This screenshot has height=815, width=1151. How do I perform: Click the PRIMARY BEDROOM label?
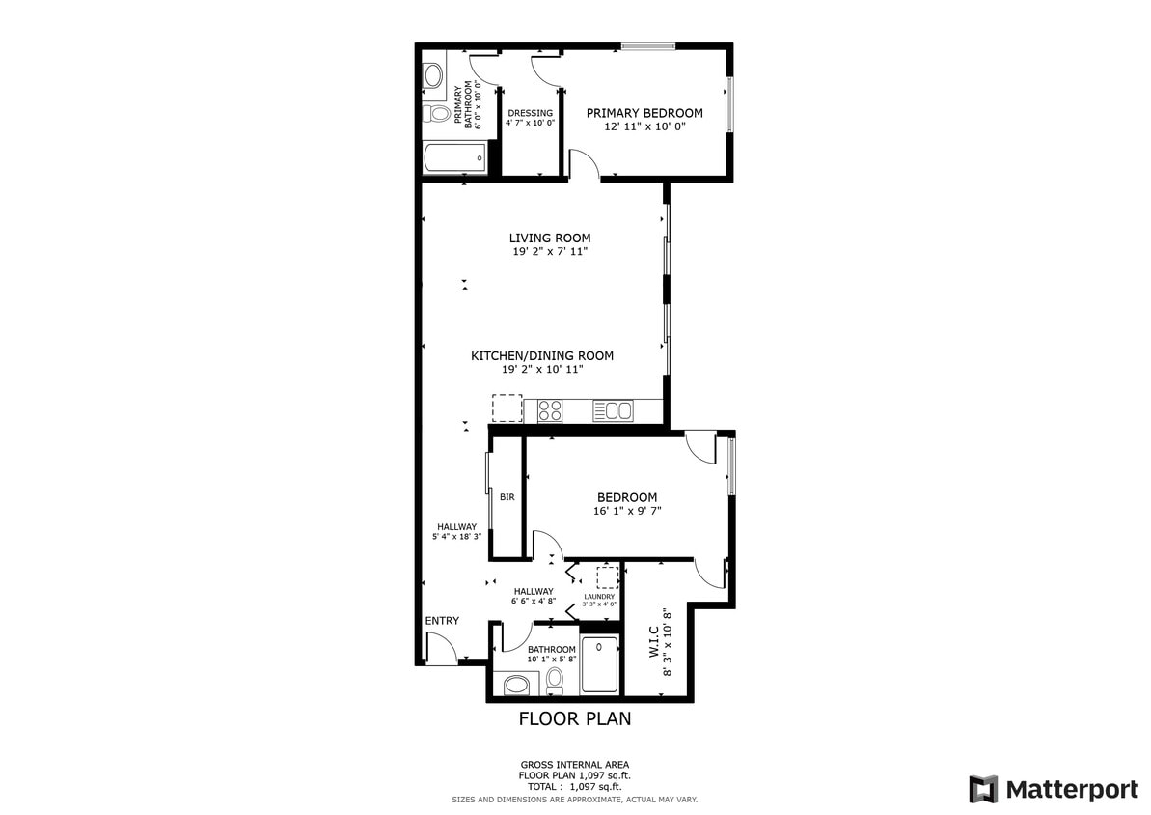coord(644,113)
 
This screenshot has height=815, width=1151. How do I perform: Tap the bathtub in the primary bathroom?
coord(454,157)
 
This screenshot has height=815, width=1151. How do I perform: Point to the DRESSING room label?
coord(530,113)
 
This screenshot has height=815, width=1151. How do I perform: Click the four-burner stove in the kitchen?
coord(550,410)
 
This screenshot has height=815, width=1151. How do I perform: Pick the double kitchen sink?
coord(613,411)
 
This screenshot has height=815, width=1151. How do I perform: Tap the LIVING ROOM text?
coord(550,238)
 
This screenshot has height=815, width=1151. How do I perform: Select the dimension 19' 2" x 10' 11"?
coord(541,369)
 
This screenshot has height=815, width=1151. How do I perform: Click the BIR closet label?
coord(507,497)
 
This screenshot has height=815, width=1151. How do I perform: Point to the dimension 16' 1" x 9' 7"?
coord(627,511)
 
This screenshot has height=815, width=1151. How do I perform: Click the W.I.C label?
coord(653,642)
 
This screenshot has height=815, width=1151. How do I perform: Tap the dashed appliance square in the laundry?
coord(607,577)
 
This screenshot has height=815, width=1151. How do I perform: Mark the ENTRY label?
coord(442,621)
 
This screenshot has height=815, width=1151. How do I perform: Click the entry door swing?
coord(442,652)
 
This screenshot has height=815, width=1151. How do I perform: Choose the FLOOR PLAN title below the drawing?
coord(575,718)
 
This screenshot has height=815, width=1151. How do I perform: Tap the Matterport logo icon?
coord(983,789)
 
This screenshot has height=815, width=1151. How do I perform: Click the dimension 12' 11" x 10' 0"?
coord(644,126)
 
